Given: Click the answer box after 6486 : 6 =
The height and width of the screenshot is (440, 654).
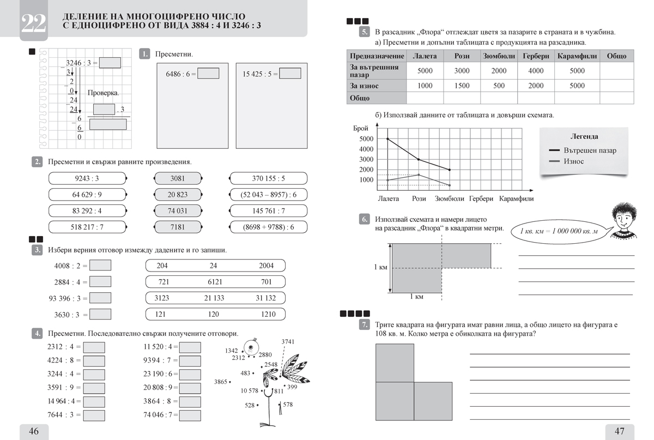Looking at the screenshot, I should click(x=208, y=74).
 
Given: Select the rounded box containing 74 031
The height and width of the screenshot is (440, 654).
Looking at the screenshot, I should click(x=178, y=210).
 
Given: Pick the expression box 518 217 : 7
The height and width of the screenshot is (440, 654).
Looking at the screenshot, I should click(x=87, y=226).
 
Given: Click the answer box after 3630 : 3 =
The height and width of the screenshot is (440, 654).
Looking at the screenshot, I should click(x=100, y=314).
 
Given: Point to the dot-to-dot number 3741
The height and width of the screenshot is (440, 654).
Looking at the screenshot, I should click(x=288, y=342).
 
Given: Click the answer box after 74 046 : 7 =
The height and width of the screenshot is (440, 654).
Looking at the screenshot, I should click(x=190, y=414).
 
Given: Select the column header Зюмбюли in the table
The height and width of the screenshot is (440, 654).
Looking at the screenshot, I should click(x=499, y=56).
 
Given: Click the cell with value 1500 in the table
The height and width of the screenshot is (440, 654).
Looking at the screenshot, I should click(x=462, y=86).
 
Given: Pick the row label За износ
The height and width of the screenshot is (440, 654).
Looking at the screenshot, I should click(x=364, y=86).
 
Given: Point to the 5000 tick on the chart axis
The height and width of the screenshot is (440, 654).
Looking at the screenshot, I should click(x=366, y=138).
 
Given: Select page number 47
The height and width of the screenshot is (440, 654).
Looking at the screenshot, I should click(x=620, y=431).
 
